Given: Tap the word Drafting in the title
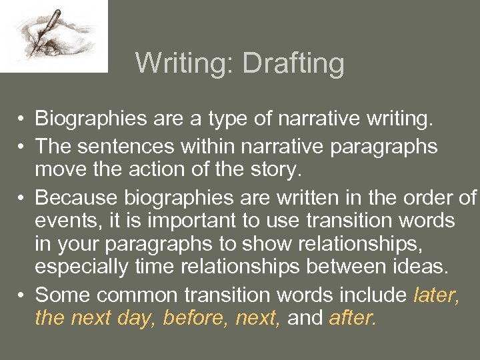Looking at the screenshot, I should [293, 64].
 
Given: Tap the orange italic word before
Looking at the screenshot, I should [194, 319].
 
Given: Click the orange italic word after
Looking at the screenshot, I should [352, 319].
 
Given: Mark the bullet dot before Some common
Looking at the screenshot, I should [22, 295].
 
